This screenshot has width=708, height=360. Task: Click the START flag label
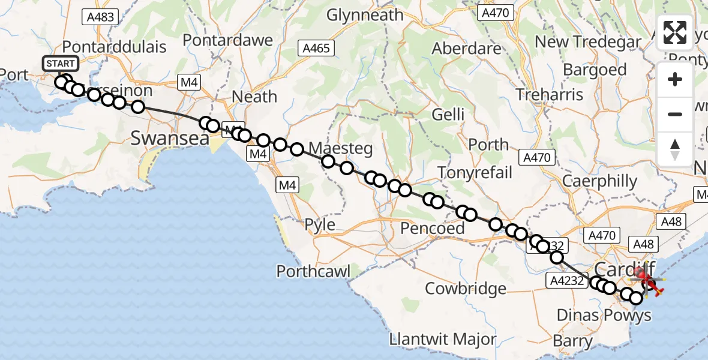click(60, 64)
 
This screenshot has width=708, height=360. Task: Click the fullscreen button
click(675, 33)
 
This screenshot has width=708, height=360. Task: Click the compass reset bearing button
click(675, 149)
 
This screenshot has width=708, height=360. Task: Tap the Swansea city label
click(170, 139)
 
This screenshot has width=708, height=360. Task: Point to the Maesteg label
click(340, 148)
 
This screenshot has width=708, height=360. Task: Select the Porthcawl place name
click(313, 271)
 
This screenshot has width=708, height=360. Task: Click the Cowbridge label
click(466, 289)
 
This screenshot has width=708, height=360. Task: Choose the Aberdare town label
click(467, 49)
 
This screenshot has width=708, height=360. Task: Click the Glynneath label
click(365, 15)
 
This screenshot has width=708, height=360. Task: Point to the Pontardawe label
click(227, 40)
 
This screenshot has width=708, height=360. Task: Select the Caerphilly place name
click(600, 181)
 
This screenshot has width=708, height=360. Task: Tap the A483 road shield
click(100, 17)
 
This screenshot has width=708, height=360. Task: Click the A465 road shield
click(316, 48)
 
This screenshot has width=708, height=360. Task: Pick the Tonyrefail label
click(475, 173)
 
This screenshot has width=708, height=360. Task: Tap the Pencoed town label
click(433, 228)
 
